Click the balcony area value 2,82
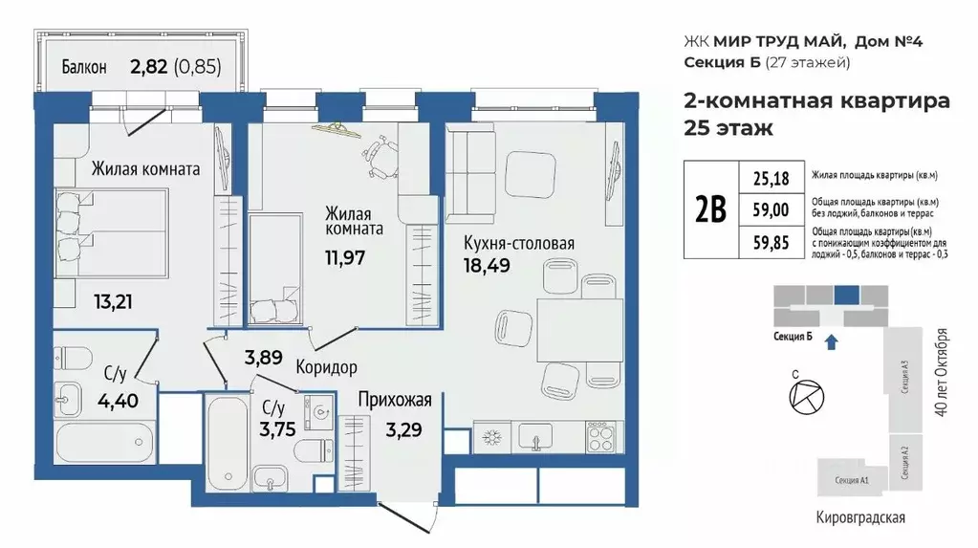tap(150, 67)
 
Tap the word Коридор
tap(326, 367)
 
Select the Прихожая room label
tap(395, 401)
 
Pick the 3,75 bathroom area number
tap(278, 427)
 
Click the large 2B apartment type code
tap(709, 208)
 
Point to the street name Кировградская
tap(855, 517)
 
